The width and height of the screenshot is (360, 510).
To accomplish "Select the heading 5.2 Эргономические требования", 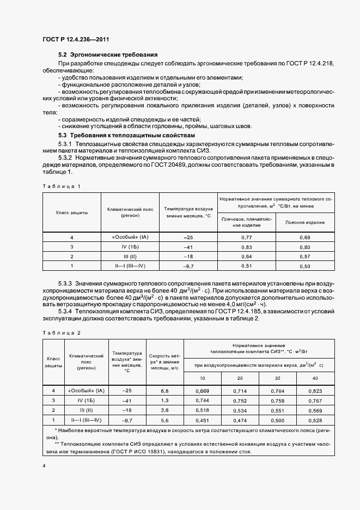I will pyautogui.click(x=108, y=55).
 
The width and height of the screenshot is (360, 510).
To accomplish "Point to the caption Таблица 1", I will pyautogui.click(x=62, y=186).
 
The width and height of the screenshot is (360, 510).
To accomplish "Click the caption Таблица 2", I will pyautogui.click(x=62, y=332).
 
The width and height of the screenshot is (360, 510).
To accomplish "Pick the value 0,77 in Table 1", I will pyautogui.click(x=247, y=238).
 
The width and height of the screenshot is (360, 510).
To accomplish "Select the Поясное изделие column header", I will pyautogui.click(x=305, y=222).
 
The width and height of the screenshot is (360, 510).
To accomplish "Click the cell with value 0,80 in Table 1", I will pyautogui.click(x=305, y=247).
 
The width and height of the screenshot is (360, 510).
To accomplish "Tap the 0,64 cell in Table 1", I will pyautogui.click(x=247, y=256).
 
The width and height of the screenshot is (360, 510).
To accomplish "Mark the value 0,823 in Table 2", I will pyautogui.click(x=315, y=391).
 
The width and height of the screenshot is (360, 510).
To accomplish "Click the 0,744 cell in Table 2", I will pyautogui.click(x=202, y=400).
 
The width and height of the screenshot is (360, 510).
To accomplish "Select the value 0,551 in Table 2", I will pyautogui.click(x=277, y=410).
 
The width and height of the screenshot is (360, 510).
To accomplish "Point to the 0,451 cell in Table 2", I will pyautogui.click(x=202, y=420).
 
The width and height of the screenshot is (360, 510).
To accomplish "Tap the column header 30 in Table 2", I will pyautogui.click(x=277, y=378).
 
